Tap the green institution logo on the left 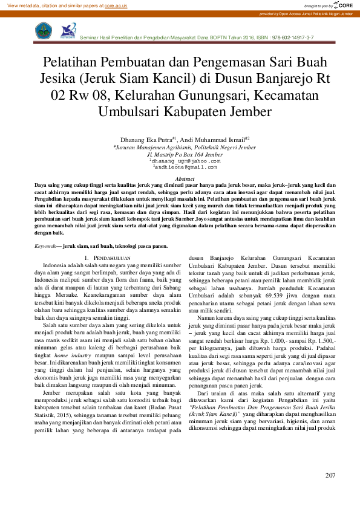(44, 30)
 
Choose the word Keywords (45, 247)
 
